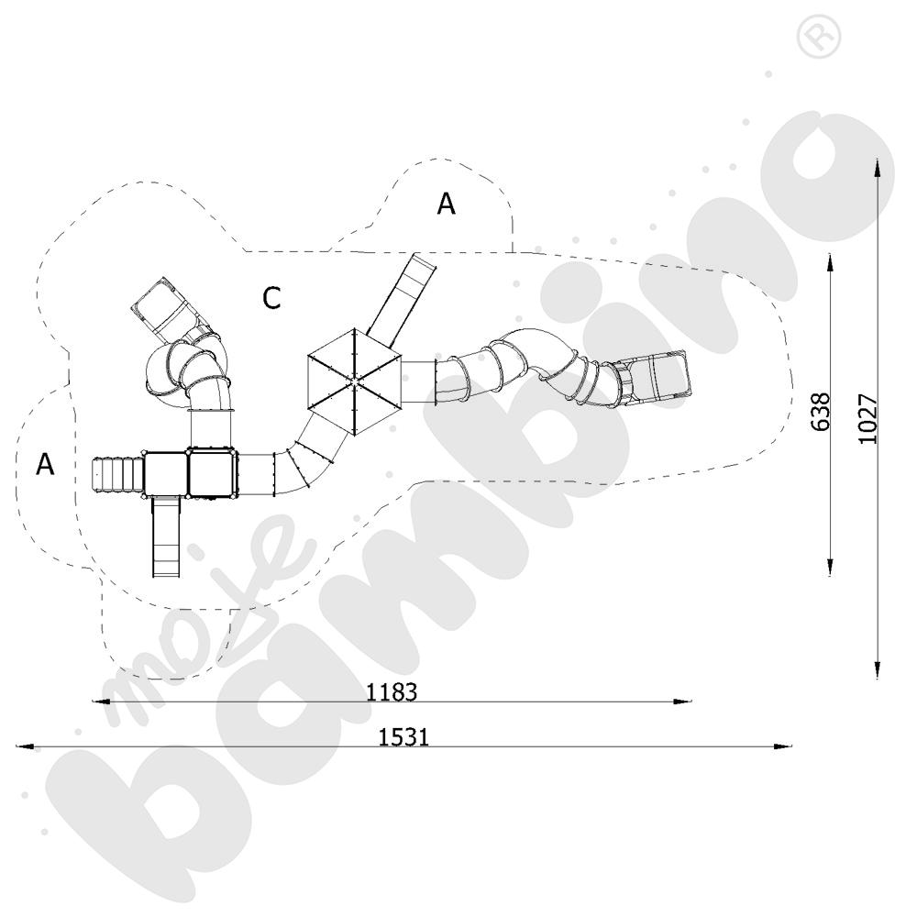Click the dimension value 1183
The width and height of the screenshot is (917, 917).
click(x=392, y=691)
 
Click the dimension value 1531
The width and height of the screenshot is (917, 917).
click(x=403, y=737)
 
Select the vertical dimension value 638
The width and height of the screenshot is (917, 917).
click(x=821, y=412)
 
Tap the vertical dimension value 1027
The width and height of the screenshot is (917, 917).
click(x=867, y=419)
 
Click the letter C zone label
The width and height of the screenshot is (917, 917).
click(x=271, y=298)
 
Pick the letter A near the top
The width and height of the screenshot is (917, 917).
click(x=447, y=204)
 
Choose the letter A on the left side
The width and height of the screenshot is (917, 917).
click(x=45, y=464)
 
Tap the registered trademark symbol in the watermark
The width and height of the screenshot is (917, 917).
click(x=818, y=36)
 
